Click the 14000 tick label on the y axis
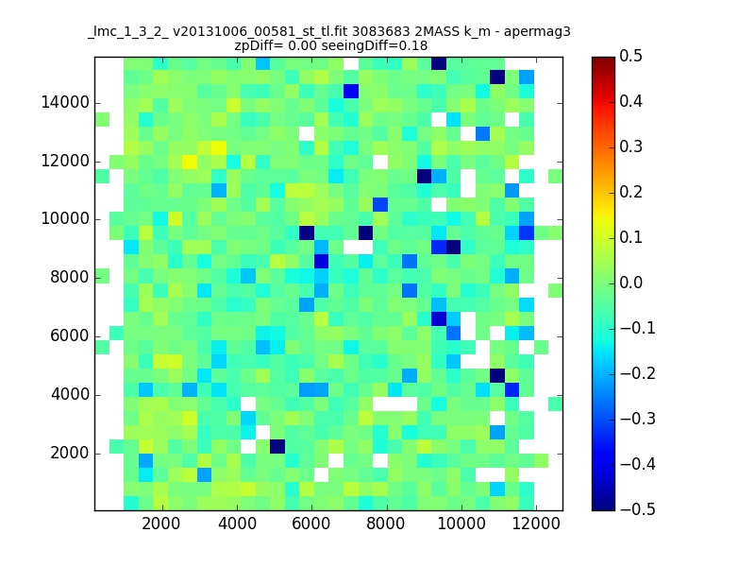[65, 103]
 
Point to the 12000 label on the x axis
[536, 524]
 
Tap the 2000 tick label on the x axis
[161, 524]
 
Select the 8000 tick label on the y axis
[70, 277]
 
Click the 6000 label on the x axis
[311, 524]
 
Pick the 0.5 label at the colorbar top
[630, 56]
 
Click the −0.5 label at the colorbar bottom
[638, 509]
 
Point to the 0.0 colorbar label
[630, 283]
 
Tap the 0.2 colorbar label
[630, 192]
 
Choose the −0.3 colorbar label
[638, 419]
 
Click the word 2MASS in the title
[437, 32]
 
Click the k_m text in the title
[478, 32]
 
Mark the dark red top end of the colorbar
[603, 59]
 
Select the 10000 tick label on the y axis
[65, 219]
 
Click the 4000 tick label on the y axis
[70, 394]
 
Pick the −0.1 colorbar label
[638, 328]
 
